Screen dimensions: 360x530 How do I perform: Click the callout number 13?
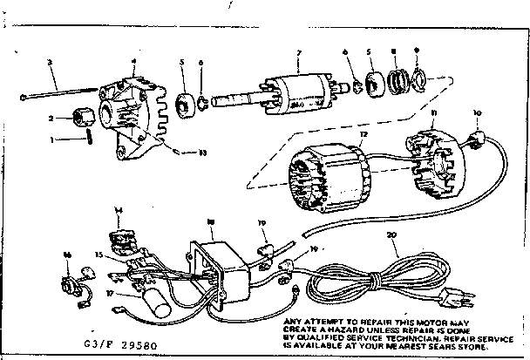point(202,153)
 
